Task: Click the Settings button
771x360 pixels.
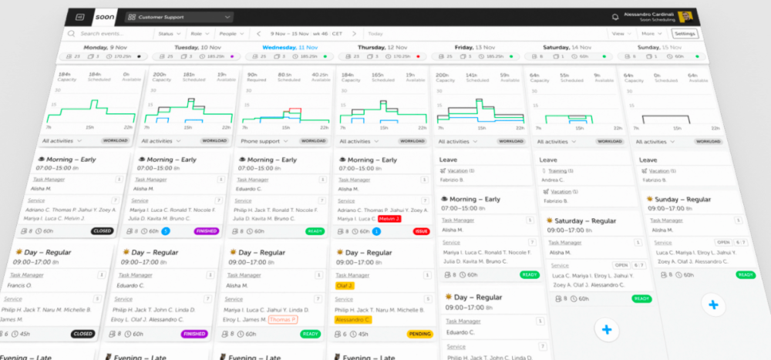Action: click(685, 34)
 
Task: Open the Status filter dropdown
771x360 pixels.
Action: click(169, 34)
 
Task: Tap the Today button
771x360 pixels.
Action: click(375, 34)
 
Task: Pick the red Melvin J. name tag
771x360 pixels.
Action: click(390, 219)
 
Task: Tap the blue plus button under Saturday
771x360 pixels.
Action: click(607, 329)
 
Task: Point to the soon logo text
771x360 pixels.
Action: click(105, 16)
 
